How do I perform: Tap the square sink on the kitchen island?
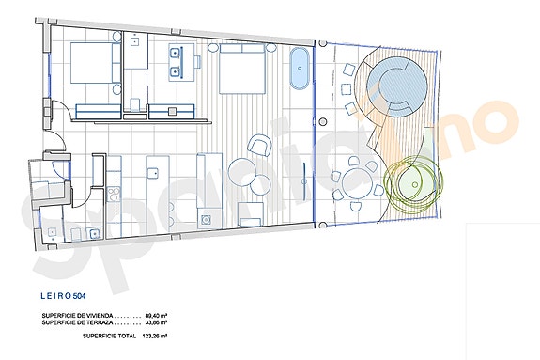[x=153, y=173]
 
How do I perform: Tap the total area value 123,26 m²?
[x=153, y=336]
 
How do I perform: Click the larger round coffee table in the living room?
[x=242, y=171]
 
